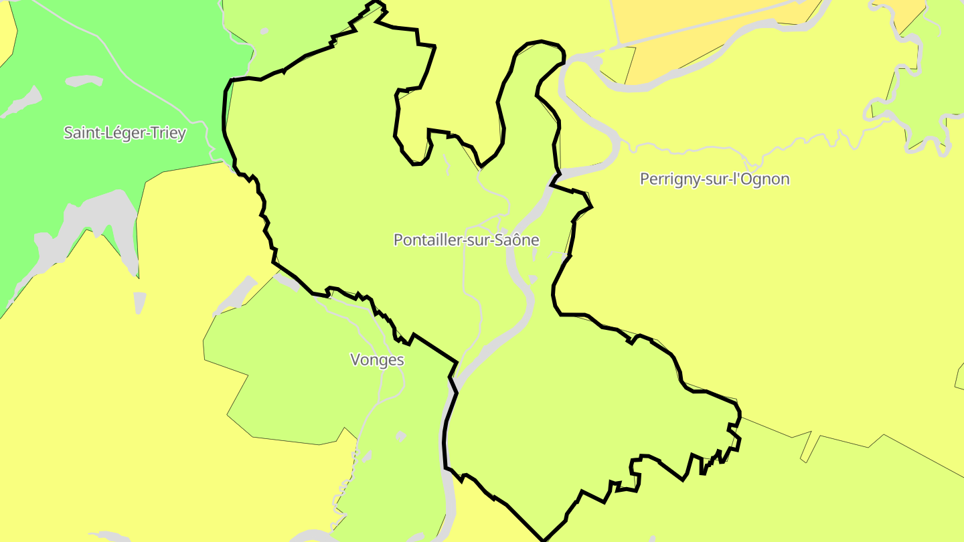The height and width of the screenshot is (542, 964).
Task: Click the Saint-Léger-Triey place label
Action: pos(125,132)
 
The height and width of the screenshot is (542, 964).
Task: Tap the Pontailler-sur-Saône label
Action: pos(466,240)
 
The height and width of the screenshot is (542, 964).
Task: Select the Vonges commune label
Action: pos(377,360)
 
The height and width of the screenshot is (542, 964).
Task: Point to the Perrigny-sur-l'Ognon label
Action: pos(714,179)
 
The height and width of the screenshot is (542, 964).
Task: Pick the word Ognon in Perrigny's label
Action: pos(767,179)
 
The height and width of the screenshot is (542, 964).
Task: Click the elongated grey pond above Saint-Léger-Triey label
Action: pos(84,80)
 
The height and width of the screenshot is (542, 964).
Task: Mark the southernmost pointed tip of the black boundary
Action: pos(544,539)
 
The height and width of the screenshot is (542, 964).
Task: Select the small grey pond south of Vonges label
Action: pos(400,436)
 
